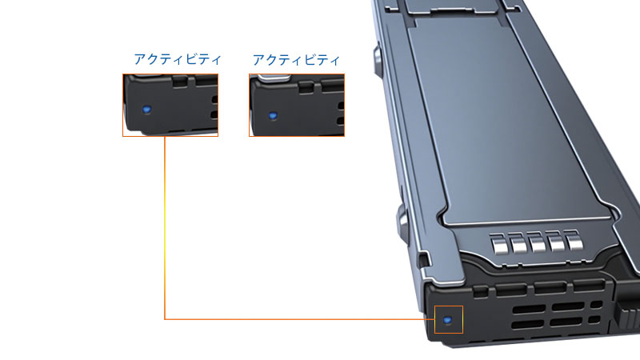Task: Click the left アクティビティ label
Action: (x=178, y=59)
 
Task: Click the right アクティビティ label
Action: (x=296, y=59)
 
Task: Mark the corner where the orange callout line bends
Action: (x=165, y=319)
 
